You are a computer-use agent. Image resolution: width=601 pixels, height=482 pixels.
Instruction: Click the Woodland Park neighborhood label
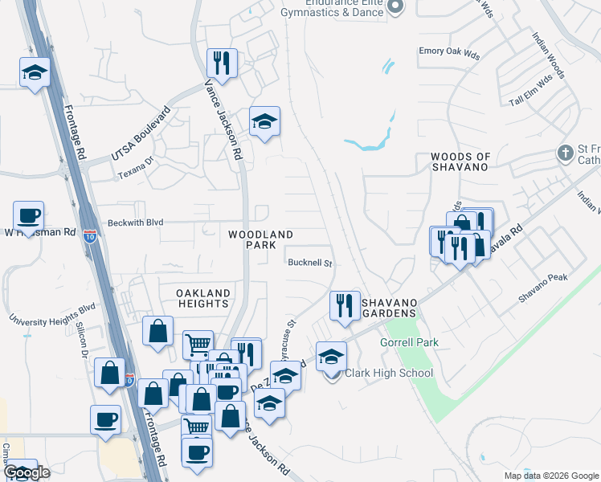[x=261, y=241]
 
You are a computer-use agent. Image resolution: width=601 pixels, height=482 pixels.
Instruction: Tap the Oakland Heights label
[x=204, y=298]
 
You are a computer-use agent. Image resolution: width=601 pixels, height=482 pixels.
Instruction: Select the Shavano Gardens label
[x=389, y=307]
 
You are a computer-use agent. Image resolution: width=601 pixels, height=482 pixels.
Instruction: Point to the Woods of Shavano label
[x=460, y=161]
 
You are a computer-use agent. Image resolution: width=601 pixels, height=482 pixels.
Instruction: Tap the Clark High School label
[x=389, y=373]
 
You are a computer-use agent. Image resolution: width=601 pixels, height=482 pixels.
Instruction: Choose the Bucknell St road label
[x=310, y=263]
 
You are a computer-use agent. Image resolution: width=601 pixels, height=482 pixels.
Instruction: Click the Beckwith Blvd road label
[x=134, y=223]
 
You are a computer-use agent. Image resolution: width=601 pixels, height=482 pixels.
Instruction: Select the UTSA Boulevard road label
[x=141, y=133]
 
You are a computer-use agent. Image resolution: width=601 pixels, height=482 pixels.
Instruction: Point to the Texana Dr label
[x=134, y=174]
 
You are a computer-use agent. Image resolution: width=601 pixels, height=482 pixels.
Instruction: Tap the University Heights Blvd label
[x=52, y=313]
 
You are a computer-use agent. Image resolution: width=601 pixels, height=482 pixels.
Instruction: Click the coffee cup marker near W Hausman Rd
[x=28, y=215]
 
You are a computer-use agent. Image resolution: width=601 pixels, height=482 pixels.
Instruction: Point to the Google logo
[x=27, y=472]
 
